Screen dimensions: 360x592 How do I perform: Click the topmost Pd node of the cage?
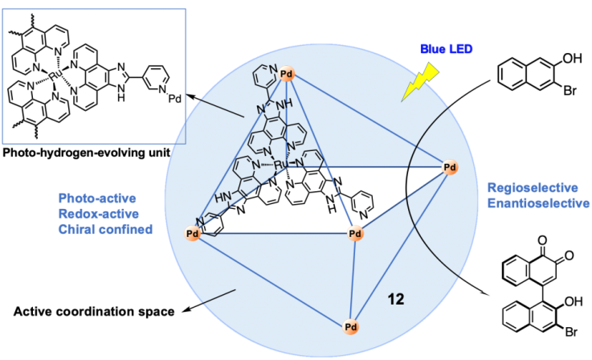coord(287,75)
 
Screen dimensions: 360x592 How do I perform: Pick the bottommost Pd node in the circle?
coord(350,327)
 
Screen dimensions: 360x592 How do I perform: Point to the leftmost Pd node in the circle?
coord(193,233)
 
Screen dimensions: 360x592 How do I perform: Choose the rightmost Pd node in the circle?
coord(451,167)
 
